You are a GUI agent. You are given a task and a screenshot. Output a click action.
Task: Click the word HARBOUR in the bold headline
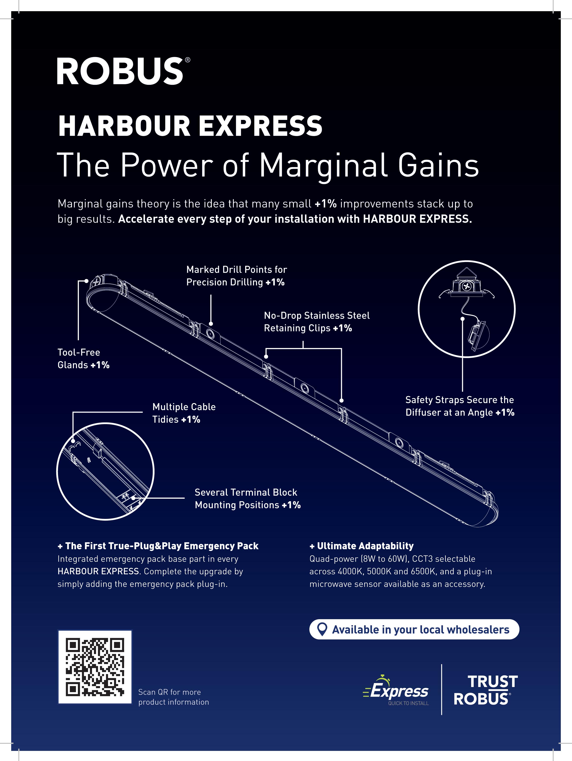[x=124, y=126]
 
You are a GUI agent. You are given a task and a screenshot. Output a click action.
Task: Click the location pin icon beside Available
[x=322, y=629]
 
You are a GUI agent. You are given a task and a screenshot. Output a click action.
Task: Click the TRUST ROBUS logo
[x=486, y=690]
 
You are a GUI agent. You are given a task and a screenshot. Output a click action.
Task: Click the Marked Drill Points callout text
[x=236, y=275]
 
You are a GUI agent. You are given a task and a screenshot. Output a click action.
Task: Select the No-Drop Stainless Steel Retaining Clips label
[x=316, y=322]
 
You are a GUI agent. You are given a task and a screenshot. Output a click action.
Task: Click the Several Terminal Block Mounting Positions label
[x=247, y=498]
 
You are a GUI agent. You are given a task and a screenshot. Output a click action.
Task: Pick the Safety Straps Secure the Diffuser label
[x=460, y=406]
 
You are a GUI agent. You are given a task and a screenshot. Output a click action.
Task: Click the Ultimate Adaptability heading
[x=362, y=546]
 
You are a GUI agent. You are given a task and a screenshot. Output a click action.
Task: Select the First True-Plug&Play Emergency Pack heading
[x=158, y=546]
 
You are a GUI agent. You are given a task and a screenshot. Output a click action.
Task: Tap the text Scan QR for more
[x=169, y=692]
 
